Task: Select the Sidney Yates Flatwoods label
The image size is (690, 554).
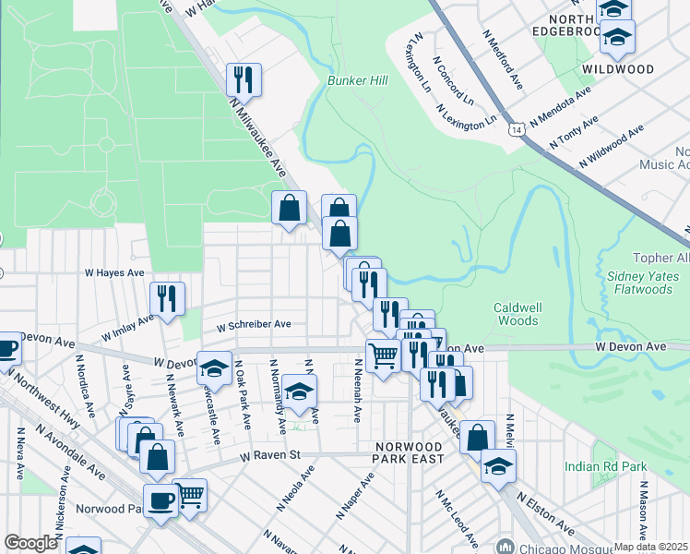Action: pyautogui.click(x=639, y=283)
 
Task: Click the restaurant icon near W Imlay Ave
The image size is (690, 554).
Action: pyautogui.click(x=167, y=298)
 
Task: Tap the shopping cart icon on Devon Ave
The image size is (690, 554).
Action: pyautogui.click(x=383, y=355)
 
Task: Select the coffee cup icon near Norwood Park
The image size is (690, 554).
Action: pyautogui.click(x=161, y=501)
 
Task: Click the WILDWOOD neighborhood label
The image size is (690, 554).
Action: pyautogui.click(x=618, y=69)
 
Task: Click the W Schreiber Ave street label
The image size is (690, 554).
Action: pyautogui.click(x=254, y=325)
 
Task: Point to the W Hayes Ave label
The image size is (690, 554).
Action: pyautogui.click(x=114, y=273)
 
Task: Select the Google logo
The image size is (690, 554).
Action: pyautogui.click(x=30, y=543)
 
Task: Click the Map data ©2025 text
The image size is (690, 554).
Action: pyautogui.click(x=650, y=547)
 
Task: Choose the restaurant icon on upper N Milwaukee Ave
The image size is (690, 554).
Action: pyautogui.click(x=244, y=78)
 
